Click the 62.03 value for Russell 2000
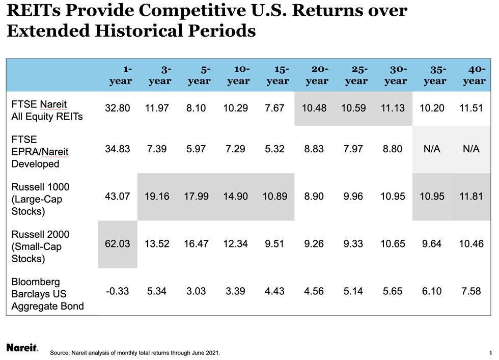coord(117,244)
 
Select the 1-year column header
coord(121,75)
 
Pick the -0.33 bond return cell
coord(117,291)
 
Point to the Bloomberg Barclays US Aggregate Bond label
coord(47,294)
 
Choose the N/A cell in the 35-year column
coord(432,149)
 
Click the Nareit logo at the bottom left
coord(22,348)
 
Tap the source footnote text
coord(135,352)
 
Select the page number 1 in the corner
coord(490,352)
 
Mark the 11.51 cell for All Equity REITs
coord(471,108)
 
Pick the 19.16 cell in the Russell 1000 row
coord(157,196)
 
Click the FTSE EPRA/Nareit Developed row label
coord(40,151)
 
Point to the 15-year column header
coord(278,75)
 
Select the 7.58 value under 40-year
coord(471,291)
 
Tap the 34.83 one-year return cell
coord(117,149)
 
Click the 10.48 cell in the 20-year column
coord(314,108)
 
